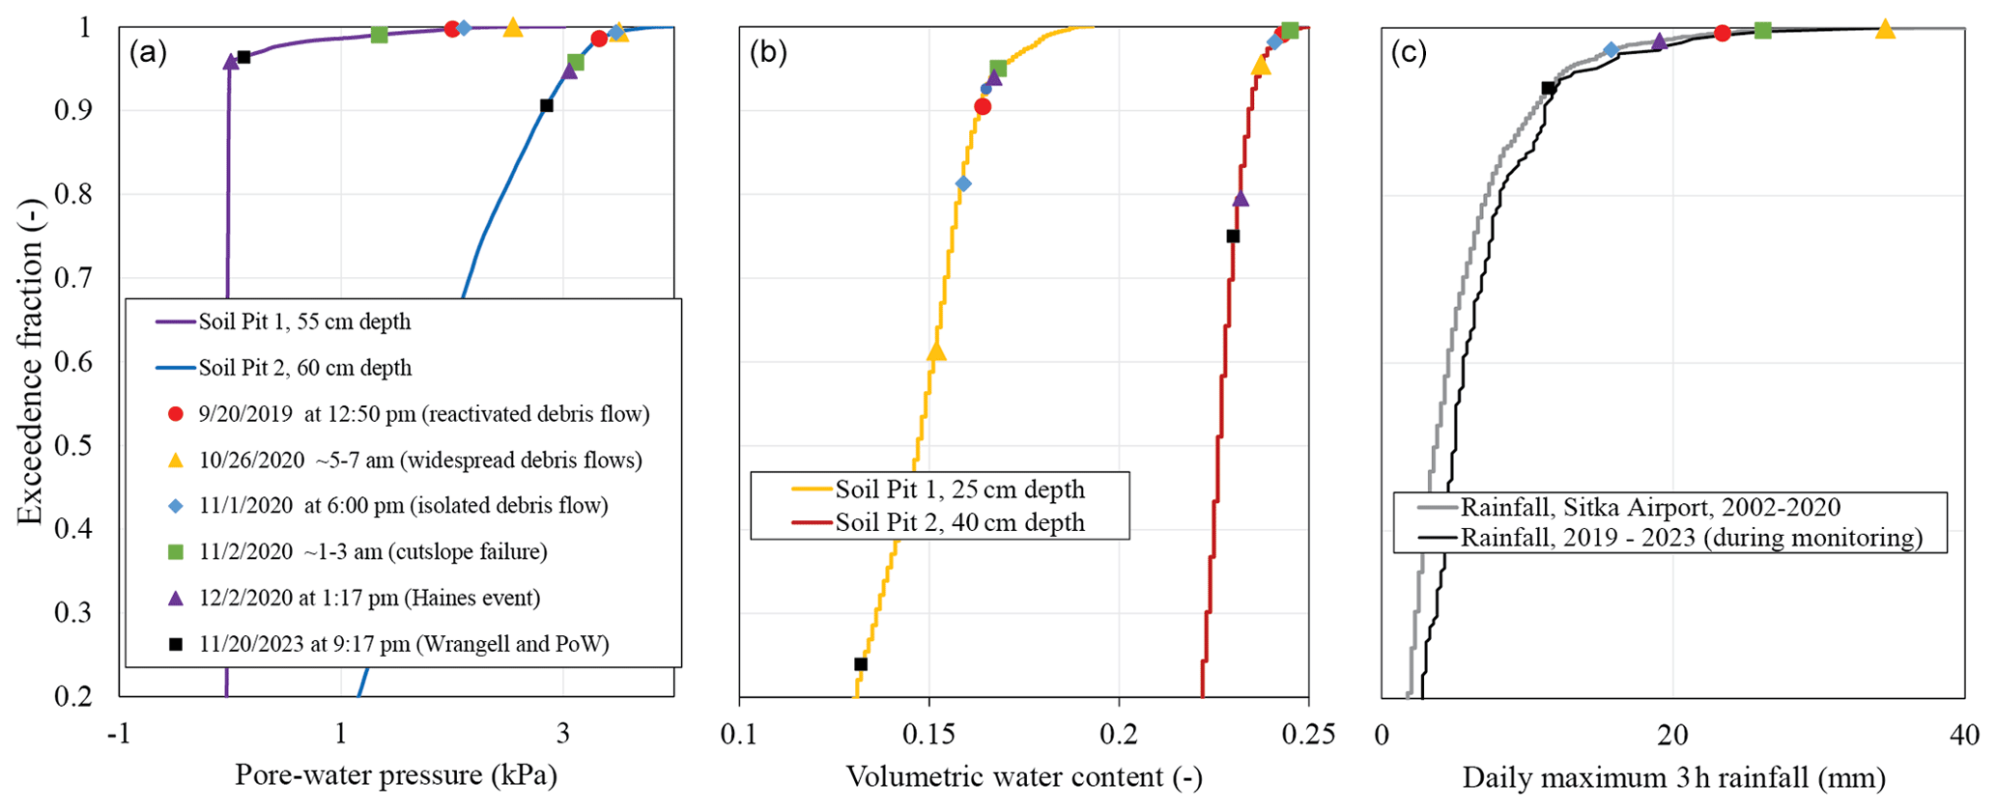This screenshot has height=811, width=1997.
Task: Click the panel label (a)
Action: tap(148, 53)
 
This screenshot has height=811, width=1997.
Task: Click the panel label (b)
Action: tap(769, 53)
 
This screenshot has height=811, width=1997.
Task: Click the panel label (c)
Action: tap(1409, 53)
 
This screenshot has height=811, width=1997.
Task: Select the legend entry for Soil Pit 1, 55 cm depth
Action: tap(304, 322)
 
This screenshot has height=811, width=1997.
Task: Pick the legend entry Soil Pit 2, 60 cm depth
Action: tap(304, 368)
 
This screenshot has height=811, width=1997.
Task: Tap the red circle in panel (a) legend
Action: tap(175, 414)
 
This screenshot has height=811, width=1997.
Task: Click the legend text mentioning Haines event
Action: tap(369, 598)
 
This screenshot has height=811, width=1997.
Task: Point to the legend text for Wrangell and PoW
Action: tap(404, 644)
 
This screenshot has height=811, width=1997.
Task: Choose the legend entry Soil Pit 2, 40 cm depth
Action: tap(959, 522)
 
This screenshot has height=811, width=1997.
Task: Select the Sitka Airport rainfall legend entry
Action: tap(1650, 507)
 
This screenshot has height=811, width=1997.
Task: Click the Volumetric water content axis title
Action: tap(1024, 776)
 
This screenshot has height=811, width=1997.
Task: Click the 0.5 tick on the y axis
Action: tap(74, 446)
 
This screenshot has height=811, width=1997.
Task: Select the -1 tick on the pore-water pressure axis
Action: tap(118, 735)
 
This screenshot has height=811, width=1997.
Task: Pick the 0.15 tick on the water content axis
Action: tap(928, 735)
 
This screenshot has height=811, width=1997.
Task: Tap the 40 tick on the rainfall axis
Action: tap(1964, 735)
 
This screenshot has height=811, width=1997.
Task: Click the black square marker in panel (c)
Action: tap(1548, 88)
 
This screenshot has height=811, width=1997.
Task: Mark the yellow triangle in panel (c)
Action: tap(1885, 30)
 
